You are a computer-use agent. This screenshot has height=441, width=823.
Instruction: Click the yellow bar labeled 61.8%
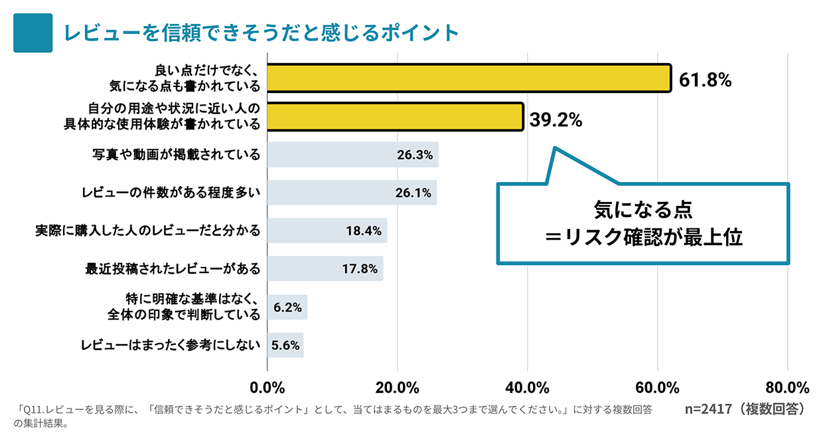[x=469, y=78]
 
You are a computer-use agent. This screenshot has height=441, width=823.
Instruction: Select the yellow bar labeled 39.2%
[x=395, y=116]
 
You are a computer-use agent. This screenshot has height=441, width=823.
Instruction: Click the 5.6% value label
[x=285, y=345]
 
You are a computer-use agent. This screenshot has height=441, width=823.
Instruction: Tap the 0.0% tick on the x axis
[x=267, y=387]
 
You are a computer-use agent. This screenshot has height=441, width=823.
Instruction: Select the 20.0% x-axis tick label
[x=397, y=387]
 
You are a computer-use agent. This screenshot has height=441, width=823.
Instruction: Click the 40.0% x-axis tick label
[x=527, y=387]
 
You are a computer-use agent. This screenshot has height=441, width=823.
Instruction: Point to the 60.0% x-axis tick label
[x=657, y=387]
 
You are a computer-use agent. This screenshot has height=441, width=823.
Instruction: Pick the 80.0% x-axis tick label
[x=786, y=387]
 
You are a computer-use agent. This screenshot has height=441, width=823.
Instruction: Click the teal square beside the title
[x=33, y=33]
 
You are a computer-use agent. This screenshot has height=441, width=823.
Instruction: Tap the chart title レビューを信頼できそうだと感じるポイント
[x=261, y=33]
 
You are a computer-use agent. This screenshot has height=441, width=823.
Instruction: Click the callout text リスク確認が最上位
[x=650, y=237]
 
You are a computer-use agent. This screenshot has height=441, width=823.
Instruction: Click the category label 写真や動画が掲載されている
[x=176, y=155]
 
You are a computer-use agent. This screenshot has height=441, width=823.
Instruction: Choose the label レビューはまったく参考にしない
[x=170, y=345]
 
